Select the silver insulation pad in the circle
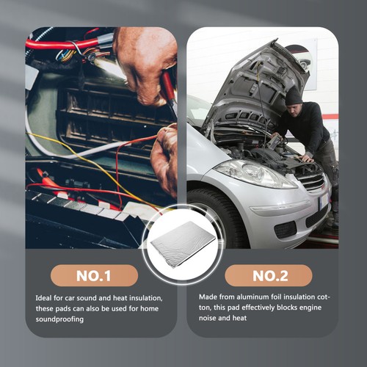(x=181, y=241)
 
